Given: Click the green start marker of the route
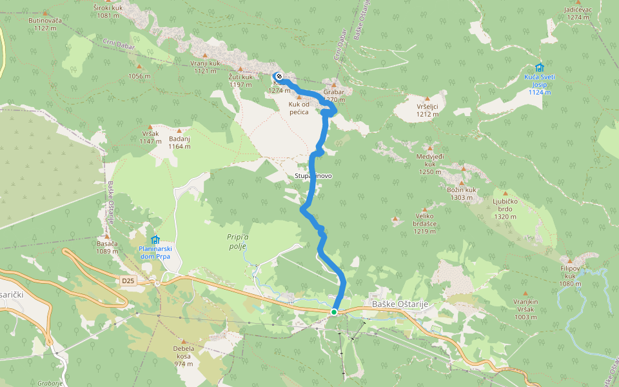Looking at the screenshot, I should pyautogui.click(x=334, y=312).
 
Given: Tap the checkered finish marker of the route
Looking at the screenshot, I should pyautogui.click(x=279, y=76).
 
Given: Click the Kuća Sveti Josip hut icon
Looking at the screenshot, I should pyautogui.click(x=539, y=68).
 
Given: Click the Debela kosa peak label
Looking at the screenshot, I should pyautogui.click(x=183, y=355).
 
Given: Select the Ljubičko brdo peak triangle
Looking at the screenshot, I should pyautogui.click(x=505, y=193).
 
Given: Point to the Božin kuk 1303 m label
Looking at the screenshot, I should pyautogui.click(x=461, y=193).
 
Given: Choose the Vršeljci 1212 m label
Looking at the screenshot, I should pyautogui.click(x=427, y=110).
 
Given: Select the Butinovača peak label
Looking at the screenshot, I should pyautogui.click(x=44, y=24).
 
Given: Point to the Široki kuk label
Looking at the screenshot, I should pyautogui.click(x=108, y=12).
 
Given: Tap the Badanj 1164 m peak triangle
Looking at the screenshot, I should pyautogui.click(x=179, y=130).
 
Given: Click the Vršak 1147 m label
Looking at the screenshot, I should pyautogui.click(x=150, y=137).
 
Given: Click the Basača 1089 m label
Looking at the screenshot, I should pyautogui.click(x=107, y=247).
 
